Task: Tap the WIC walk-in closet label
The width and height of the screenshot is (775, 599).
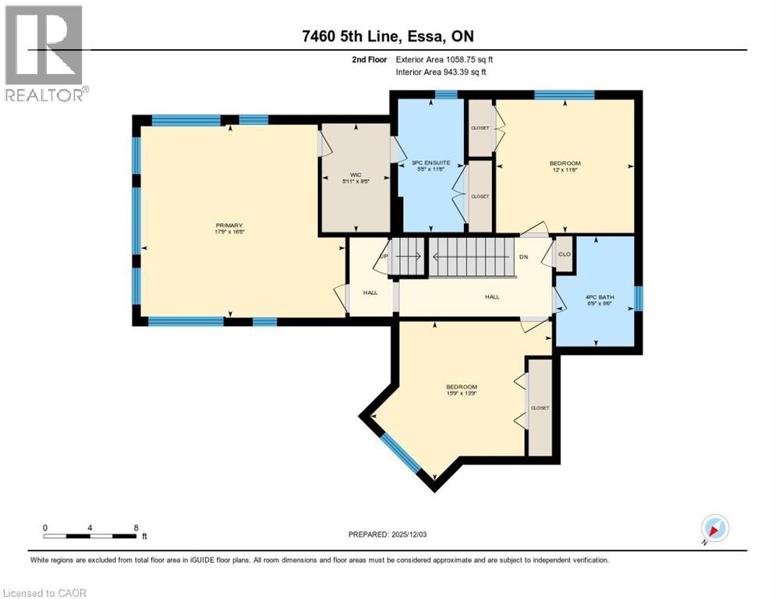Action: click(x=355, y=177)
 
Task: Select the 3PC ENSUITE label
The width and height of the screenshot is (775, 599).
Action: click(x=432, y=163)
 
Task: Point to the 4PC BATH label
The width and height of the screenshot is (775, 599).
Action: click(x=598, y=300)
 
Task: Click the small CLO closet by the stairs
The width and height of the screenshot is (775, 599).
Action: click(x=564, y=254)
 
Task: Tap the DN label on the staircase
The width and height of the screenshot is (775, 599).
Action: click(x=525, y=257)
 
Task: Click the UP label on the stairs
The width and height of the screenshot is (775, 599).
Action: click(x=383, y=256)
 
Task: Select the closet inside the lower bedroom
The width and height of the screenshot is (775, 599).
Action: click(x=540, y=407)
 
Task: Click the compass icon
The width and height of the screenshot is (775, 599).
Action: click(x=714, y=528)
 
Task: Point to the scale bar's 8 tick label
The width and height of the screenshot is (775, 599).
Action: click(x=136, y=527)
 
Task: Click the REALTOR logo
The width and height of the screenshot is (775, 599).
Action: click(x=44, y=53)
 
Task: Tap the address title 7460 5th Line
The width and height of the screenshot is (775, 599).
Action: click(x=387, y=36)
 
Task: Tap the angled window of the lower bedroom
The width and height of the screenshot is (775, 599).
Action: click(x=401, y=453)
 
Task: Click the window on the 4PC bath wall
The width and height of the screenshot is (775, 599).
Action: click(x=639, y=298)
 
